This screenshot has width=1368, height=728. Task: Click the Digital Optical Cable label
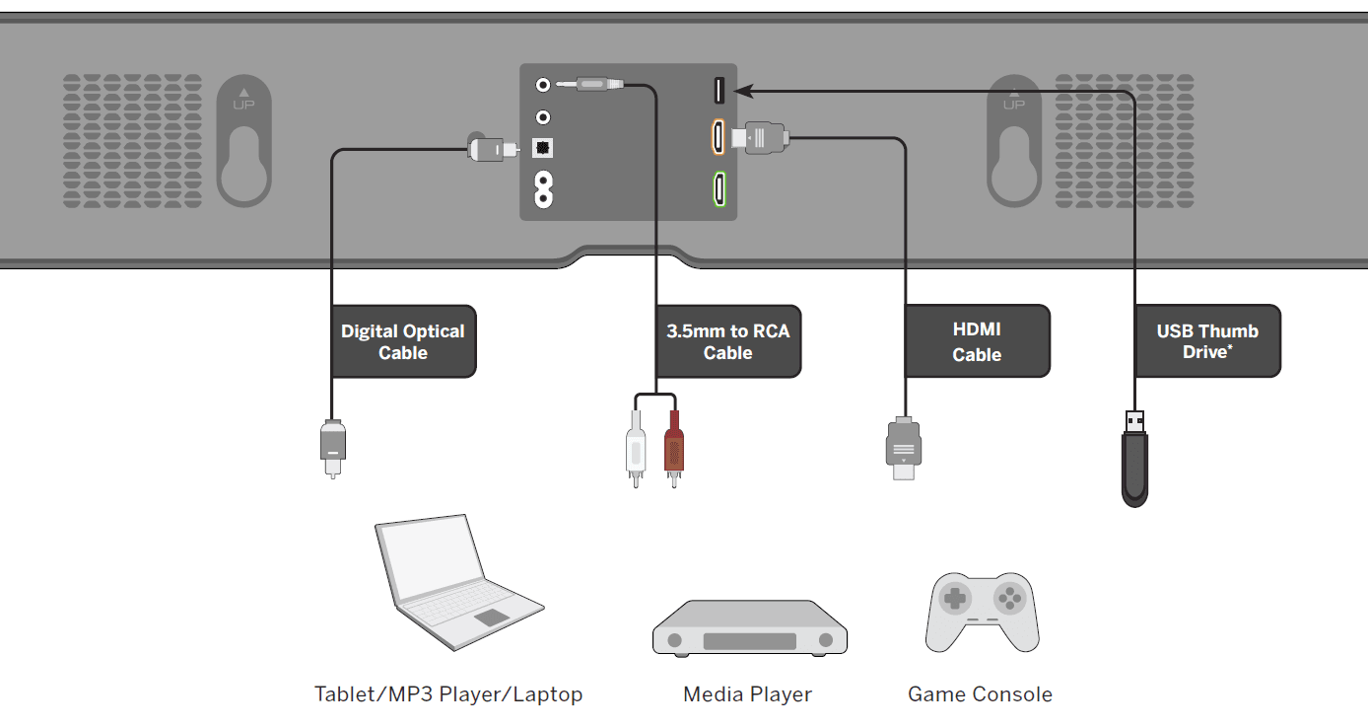(403, 341)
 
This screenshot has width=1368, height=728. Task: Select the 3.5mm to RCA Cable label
(727, 341)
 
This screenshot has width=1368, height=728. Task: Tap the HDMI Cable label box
(977, 341)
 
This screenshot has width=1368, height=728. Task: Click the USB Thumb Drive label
(1207, 341)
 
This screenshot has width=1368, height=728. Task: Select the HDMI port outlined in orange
(718, 137)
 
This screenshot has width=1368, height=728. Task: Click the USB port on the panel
(718, 91)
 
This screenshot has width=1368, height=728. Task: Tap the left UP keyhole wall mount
(243, 141)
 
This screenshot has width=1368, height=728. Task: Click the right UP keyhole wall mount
(1014, 141)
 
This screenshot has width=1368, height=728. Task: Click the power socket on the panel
(542, 189)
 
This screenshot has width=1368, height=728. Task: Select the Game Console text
(980, 694)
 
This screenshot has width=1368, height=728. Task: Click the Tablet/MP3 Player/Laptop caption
(448, 694)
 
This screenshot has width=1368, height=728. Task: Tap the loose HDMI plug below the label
(904, 448)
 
